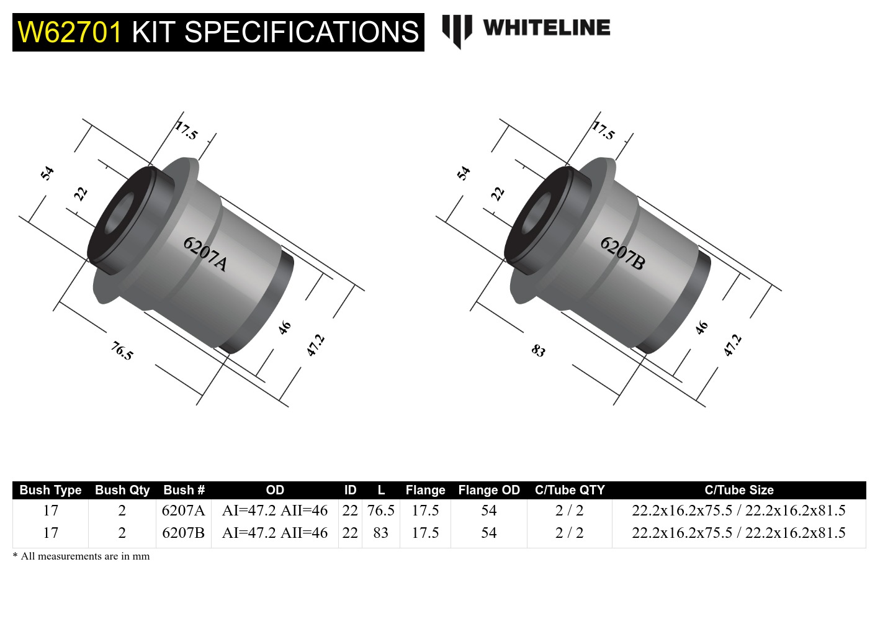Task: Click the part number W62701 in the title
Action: pyautogui.click(x=70, y=32)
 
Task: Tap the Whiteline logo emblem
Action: pyautogui.click(x=457, y=30)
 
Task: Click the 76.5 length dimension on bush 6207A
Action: pyautogui.click(x=122, y=351)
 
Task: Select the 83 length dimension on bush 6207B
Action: pyautogui.click(x=538, y=351)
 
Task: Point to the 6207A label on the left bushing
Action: pyautogui.click(x=205, y=253)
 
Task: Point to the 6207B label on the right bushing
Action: pyautogui.click(x=622, y=253)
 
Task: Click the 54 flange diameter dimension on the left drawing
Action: pyautogui.click(x=47, y=173)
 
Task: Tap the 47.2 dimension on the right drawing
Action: pyautogui.click(x=732, y=345)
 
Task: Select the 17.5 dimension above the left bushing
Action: pyautogui.click(x=186, y=131)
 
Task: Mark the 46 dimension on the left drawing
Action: pyautogui.click(x=284, y=327)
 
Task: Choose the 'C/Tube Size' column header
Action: pyautogui.click(x=738, y=490)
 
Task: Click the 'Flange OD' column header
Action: pyautogui.click(x=488, y=490)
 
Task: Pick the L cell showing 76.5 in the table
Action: pyautogui.click(x=380, y=511)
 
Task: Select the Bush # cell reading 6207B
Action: pyautogui.click(x=183, y=533)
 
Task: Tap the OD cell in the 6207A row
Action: pyautogui.click(x=274, y=511)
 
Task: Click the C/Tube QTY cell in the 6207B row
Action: pyautogui.click(x=569, y=533)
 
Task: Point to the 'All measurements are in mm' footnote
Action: pyautogui.click(x=81, y=556)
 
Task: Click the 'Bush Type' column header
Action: pyautogui.click(x=50, y=490)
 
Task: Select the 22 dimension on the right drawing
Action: pyautogui.click(x=498, y=194)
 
